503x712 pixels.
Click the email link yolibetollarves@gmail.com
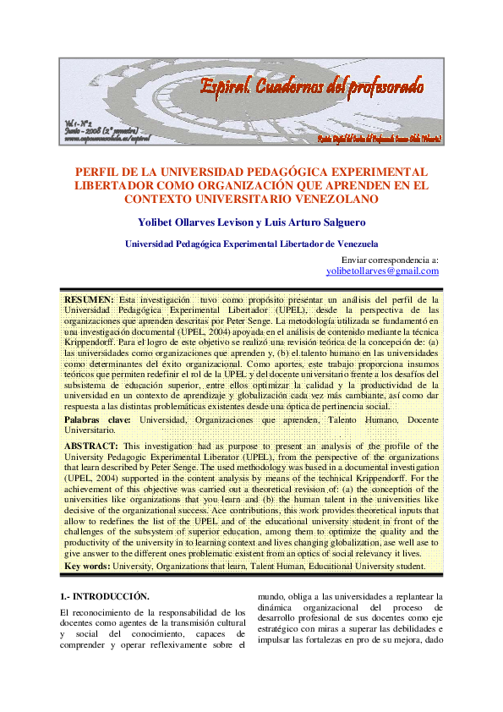382,271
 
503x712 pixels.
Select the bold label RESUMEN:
90,299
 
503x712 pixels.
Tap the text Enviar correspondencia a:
389,260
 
